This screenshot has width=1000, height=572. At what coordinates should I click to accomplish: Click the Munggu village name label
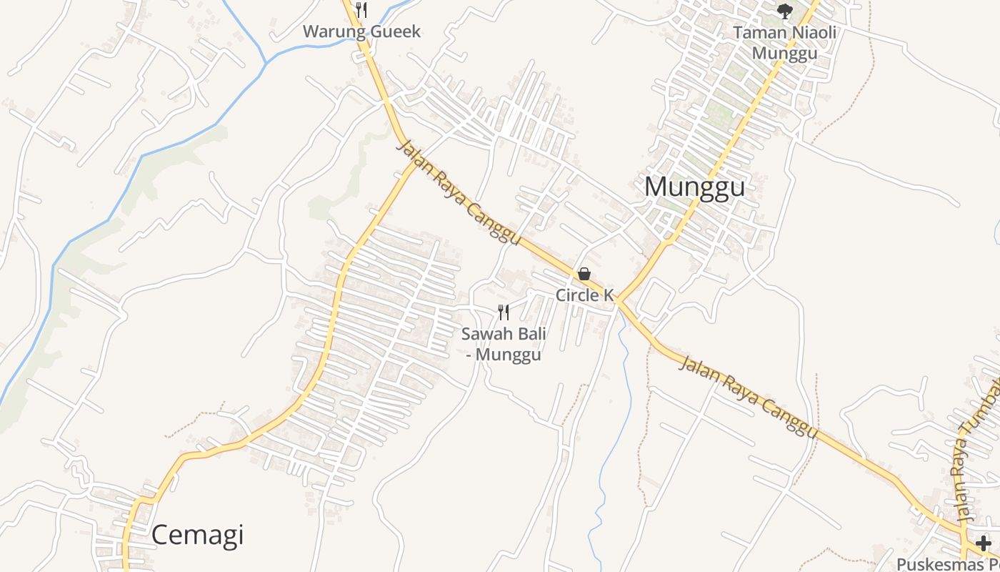[x=694, y=187]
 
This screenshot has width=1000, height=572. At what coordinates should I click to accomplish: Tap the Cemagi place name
[x=198, y=535]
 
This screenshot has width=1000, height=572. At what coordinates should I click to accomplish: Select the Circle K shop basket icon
[x=584, y=274]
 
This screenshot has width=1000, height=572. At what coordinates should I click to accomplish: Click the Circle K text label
[x=584, y=295]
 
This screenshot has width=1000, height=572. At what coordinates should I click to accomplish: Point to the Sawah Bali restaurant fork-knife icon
[x=504, y=312]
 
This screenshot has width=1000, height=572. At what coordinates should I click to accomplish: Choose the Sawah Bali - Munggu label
[x=504, y=344]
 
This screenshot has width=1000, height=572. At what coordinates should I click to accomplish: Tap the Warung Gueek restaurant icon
[x=361, y=10]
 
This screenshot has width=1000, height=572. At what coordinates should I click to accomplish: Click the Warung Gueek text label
[x=361, y=31]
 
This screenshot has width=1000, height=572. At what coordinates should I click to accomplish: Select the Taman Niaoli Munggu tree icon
[x=784, y=11]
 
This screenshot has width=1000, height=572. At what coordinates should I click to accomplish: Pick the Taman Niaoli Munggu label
[x=784, y=43]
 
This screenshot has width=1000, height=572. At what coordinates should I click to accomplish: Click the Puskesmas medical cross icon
[x=984, y=543]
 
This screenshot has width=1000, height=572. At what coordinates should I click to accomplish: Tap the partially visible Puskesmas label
[x=947, y=563]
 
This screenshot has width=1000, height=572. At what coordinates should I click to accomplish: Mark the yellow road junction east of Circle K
[x=619, y=300]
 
